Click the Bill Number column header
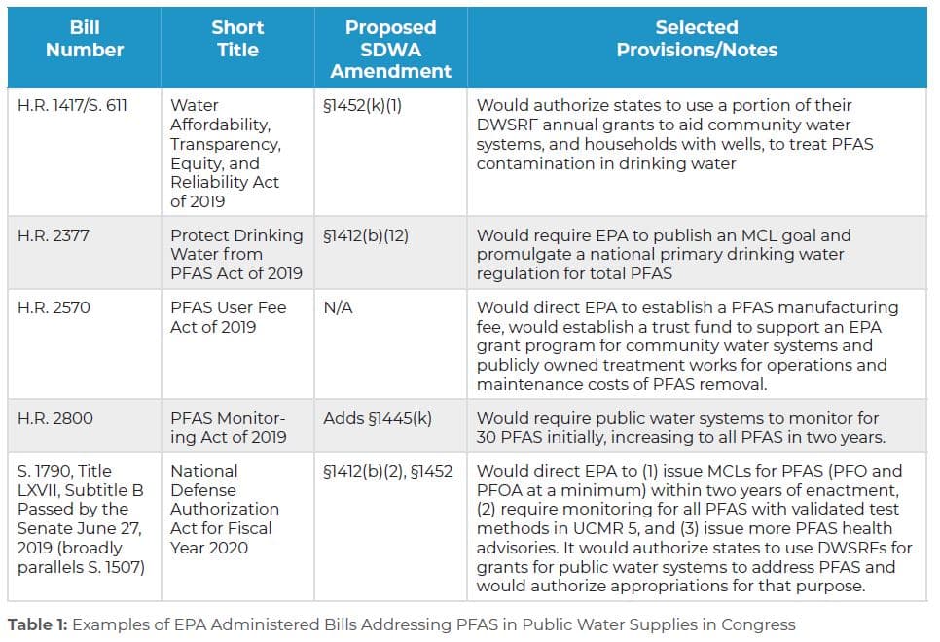[x=84, y=38]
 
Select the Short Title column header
[x=237, y=38]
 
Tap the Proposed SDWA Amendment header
[x=390, y=49]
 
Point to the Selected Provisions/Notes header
[x=696, y=38]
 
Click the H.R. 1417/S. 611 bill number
[x=72, y=105]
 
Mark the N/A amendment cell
[x=340, y=307]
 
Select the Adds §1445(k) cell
[x=377, y=417]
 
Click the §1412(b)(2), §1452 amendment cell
[x=388, y=471]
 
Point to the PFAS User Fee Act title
[x=229, y=317]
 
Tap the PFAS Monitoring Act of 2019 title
[x=229, y=427]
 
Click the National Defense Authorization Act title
[x=225, y=509]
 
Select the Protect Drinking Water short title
[x=236, y=254]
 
